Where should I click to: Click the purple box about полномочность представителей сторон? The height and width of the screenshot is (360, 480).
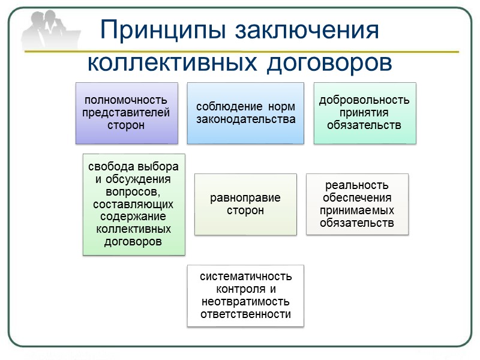click(x=127, y=113)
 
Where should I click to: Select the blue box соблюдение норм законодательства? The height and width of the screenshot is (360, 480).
click(x=245, y=113)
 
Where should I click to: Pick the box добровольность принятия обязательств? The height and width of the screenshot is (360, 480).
click(x=364, y=113)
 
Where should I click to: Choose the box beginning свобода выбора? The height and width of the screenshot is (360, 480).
click(x=134, y=204)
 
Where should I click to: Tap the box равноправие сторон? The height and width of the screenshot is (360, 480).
click(x=245, y=204)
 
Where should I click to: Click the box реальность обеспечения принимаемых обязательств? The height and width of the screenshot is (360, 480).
click(x=357, y=204)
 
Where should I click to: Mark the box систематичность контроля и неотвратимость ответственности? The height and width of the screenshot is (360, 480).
click(x=245, y=295)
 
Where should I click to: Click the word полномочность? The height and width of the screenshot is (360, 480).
click(x=127, y=100)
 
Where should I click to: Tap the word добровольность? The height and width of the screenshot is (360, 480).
click(x=364, y=100)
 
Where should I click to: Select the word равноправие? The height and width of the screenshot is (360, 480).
click(x=245, y=198)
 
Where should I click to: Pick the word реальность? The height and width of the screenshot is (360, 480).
click(x=357, y=185)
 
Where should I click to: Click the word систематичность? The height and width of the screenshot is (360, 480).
click(x=246, y=277)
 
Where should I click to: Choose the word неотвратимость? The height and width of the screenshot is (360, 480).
click(x=246, y=301)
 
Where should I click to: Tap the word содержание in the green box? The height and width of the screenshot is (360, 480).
click(x=134, y=217)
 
